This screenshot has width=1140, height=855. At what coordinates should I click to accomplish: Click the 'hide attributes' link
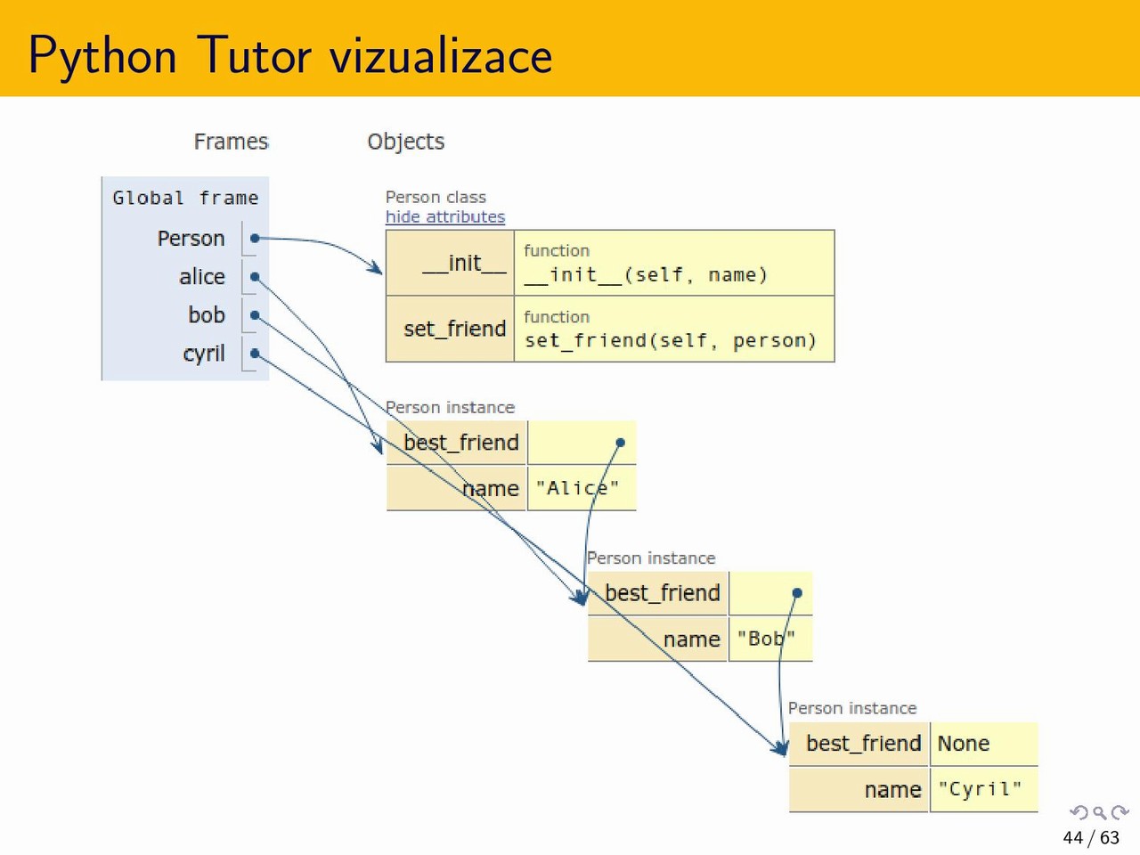[444, 216]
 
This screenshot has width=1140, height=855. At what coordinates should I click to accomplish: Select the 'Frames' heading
[231, 142]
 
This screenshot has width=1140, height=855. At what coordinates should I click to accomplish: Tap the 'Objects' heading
[405, 142]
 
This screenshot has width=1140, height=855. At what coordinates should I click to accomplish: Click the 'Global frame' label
[185, 198]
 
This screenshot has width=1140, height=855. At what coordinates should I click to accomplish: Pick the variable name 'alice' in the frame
[202, 277]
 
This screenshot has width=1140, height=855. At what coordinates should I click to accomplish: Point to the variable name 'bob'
[207, 315]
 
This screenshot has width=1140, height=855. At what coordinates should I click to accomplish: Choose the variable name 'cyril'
[204, 354]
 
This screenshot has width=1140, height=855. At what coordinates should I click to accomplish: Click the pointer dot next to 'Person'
[255, 239]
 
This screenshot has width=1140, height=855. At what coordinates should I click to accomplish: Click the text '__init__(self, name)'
[646, 275]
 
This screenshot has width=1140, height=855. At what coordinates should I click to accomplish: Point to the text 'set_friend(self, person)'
[670, 341]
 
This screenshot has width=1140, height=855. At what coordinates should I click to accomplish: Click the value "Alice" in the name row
[577, 488]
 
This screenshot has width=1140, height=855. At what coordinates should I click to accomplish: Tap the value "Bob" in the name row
[766, 639]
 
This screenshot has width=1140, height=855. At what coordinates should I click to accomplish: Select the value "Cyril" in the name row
[980, 789]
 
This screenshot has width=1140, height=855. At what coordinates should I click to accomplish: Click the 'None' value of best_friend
[964, 744]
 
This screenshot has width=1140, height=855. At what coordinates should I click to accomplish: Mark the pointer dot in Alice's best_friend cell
[621, 443]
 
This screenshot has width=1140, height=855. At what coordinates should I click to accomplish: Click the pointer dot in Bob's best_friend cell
[797, 593]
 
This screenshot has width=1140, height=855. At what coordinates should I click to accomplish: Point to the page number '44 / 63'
[1091, 837]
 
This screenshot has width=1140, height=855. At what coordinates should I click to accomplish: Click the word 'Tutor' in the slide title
[254, 55]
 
